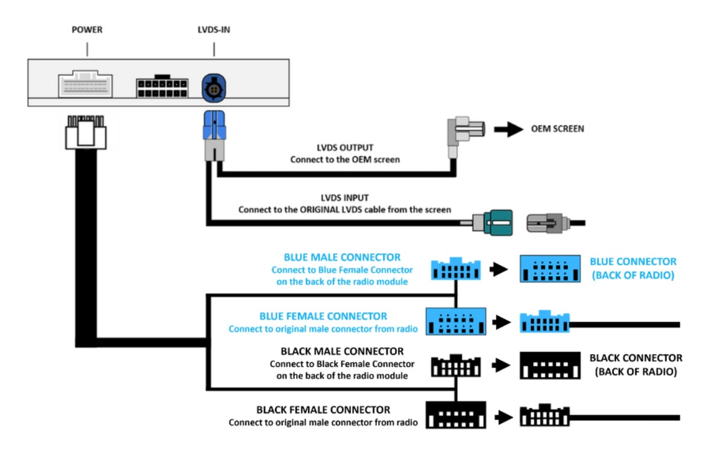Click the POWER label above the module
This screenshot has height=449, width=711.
[86, 30]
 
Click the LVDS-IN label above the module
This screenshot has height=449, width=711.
[215, 30]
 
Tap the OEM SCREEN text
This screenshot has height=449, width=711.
[557, 128]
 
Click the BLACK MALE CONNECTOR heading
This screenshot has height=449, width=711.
[342, 351]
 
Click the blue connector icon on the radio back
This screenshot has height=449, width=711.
[549, 269]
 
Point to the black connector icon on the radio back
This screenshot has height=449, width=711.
[549, 365]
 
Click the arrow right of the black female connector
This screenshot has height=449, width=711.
[505, 416]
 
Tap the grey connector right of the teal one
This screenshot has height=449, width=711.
[548, 222]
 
